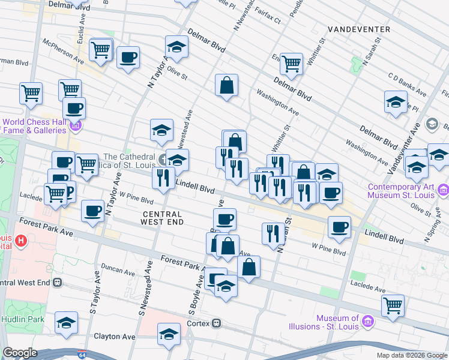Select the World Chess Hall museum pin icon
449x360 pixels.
tap(76, 125)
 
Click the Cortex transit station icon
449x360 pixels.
tap(217, 323)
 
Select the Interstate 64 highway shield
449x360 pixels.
tap(82, 356)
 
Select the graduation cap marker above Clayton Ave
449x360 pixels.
tap(169, 334)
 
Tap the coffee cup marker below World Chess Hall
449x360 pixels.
tap(74, 109)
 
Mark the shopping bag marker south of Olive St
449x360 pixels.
tap(227, 86)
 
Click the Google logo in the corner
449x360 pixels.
tap(20, 353)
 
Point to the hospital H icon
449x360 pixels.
tap(22, 242)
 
